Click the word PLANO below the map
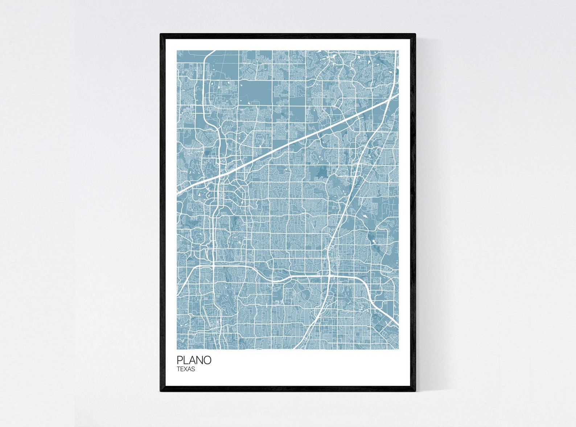click(194, 360)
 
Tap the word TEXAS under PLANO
click(186, 369)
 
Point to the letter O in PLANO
click(207, 360)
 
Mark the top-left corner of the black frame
click(161, 34)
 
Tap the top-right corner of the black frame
click(415, 34)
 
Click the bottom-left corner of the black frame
click(161, 391)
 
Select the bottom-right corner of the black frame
click(415, 391)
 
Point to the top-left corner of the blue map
click(177, 51)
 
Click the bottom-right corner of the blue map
click(398, 349)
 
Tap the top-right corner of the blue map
click(398, 51)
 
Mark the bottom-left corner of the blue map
click(177, 349)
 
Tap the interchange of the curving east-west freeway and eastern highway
click(329, 277)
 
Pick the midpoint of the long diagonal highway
click(288, 144)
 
